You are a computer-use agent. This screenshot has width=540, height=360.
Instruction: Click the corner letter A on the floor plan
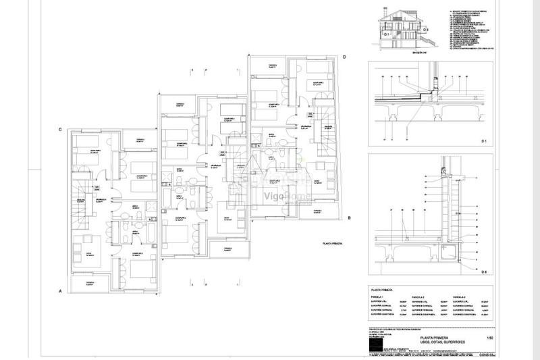pyautogui.click(x=61, y=292)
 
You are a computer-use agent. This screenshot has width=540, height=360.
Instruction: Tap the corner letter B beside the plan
pyautogui.click(x=349, y=217)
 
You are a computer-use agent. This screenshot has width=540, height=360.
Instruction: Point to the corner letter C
pyautogui.click(x=61, y=129)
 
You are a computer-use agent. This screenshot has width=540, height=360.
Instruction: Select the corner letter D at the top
pyautogui.click(x=344, y=57)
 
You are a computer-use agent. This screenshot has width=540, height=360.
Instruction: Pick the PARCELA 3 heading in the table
pyautogui.click(x=462, y=297)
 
